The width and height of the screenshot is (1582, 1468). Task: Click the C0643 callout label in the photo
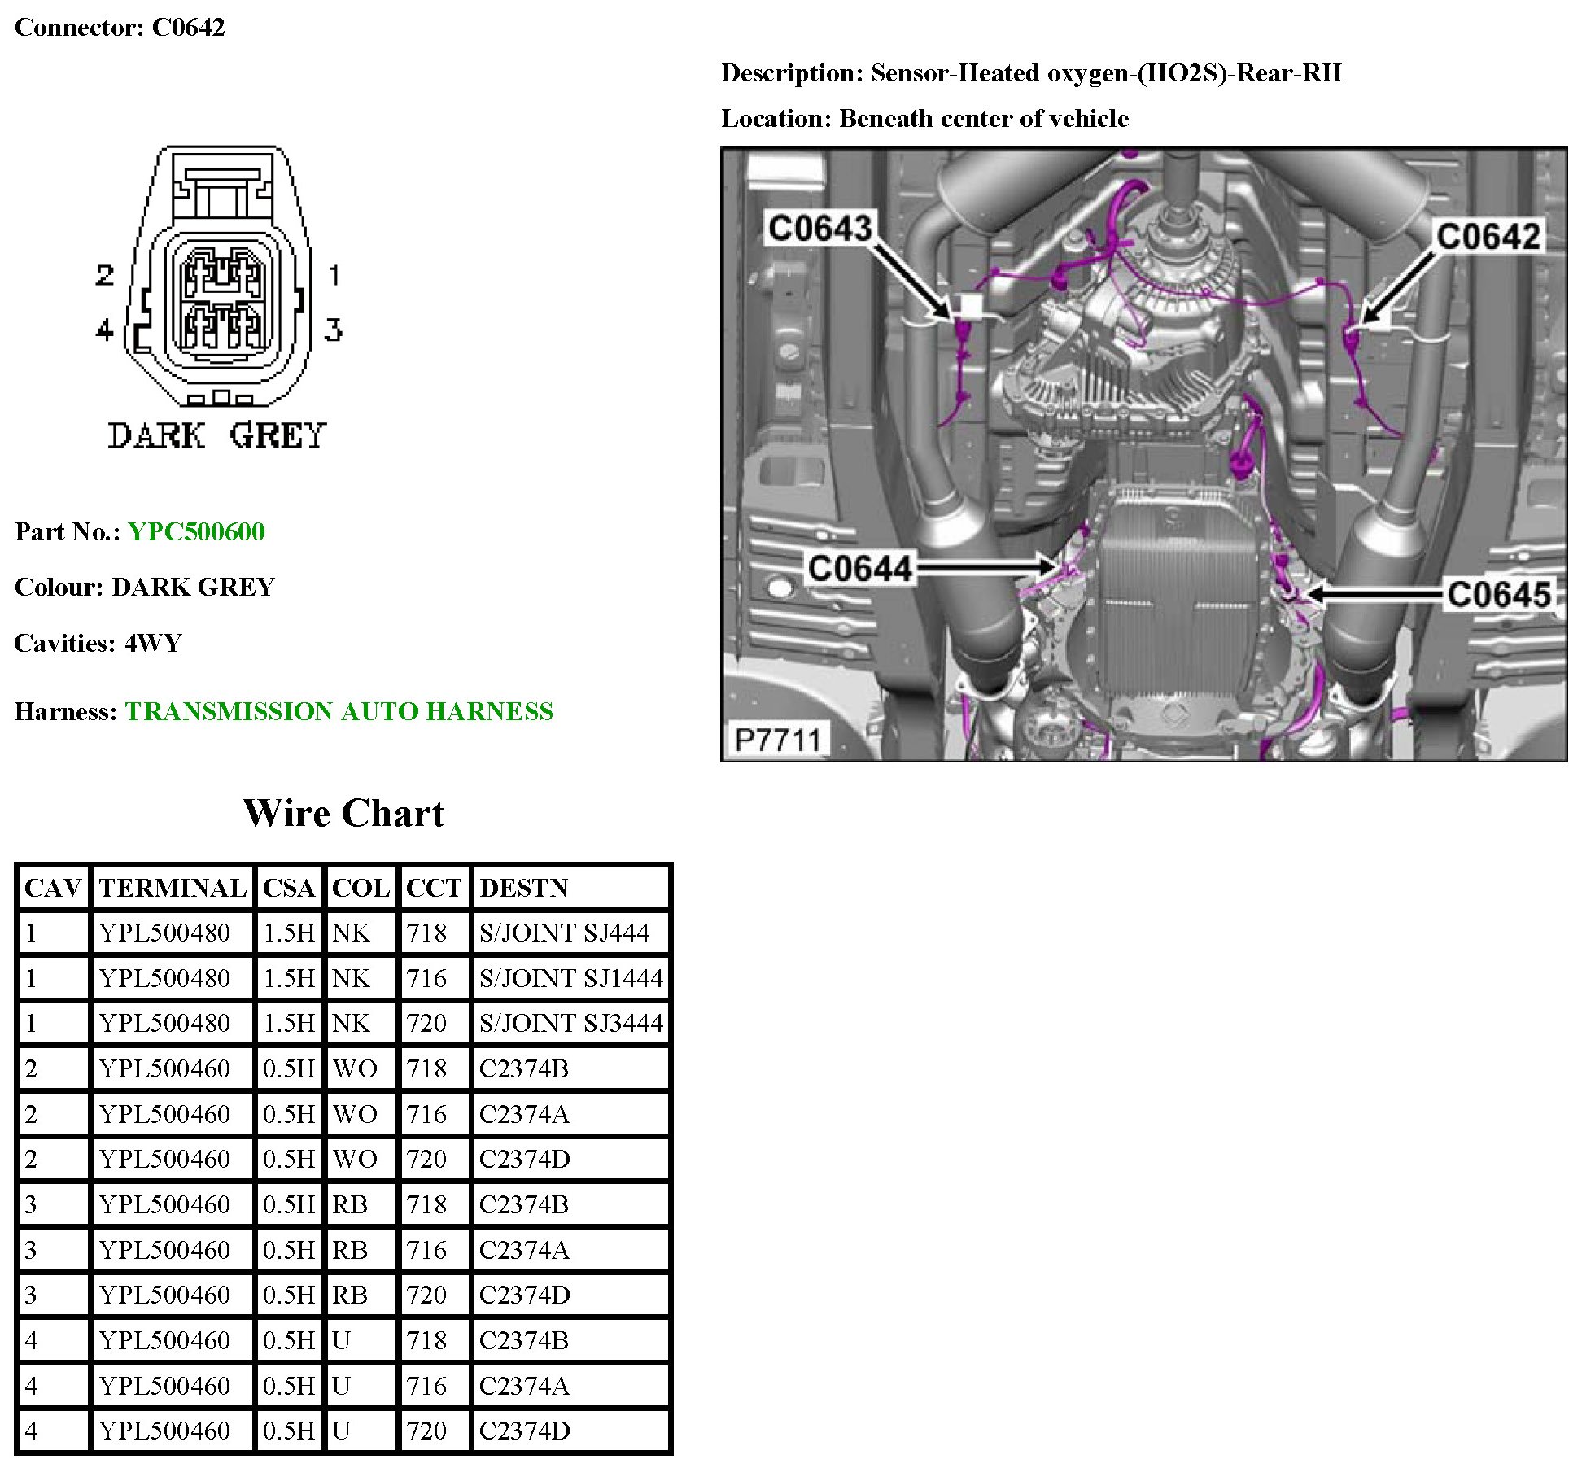click(x=819, y=228)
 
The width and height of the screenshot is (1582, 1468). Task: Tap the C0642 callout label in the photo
click(x=1488, y=237)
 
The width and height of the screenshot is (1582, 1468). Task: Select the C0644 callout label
click(x=859, y=567)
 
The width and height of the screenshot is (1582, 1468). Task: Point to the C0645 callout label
click(x=1499, y=594)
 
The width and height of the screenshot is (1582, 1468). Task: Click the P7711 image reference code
click(x=777, y=740)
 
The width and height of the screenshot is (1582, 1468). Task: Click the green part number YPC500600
click(x=196, y=531)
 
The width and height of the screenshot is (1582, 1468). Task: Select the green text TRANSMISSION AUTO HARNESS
click(x=339, y=711)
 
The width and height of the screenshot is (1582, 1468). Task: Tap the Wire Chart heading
click(x=343, y=813)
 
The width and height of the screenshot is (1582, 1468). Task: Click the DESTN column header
click(x=523, y=887)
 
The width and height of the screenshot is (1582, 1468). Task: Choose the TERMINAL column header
click(x=173, y=887)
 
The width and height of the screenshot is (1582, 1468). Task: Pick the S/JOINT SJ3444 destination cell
click(x=570, y=1023)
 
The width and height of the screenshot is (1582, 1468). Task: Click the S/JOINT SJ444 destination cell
click(x=564, y=933)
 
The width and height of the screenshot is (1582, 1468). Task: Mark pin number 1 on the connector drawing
click(x=334, y=275)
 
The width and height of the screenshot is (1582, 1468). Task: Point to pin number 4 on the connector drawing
click(x=104, y=330)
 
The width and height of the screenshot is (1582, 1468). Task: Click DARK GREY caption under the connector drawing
click(x=216, y=436)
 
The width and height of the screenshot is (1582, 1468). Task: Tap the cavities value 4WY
click(x=153, y=643)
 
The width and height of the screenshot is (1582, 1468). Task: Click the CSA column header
click(x=288, y=887)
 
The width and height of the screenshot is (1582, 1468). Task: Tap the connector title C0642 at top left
click(x=188, y=27)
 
